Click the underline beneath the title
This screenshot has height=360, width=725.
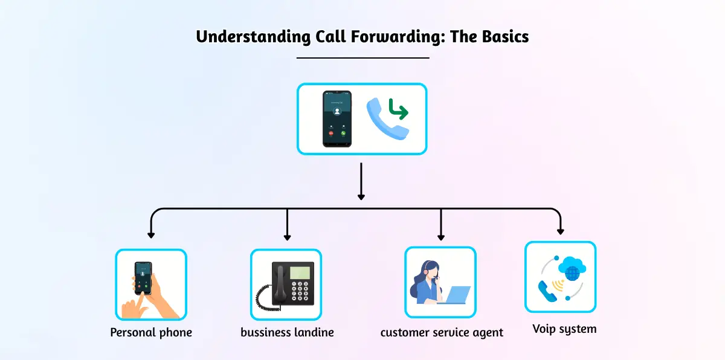(362, 58)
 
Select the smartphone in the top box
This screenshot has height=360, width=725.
(337, 119)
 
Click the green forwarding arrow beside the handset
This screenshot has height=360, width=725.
(396, 109)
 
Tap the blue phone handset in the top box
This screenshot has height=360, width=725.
(384, 121)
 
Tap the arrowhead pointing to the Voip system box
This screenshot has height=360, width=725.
(561, 230)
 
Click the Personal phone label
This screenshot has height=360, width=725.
(151, 332)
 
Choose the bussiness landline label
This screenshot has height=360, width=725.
(287, 332)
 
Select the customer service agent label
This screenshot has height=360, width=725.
(442, 332)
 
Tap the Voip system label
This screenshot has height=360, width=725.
(564, 329)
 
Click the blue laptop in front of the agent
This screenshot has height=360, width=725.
(454, 295)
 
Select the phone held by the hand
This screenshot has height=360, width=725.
(143, 277)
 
